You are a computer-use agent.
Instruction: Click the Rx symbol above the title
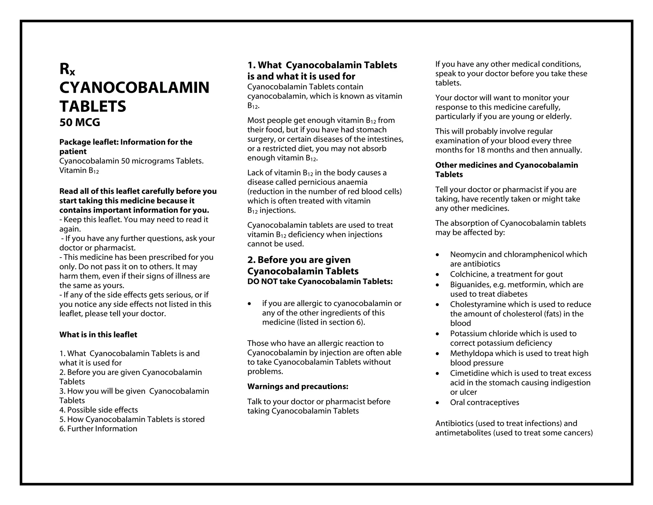pos(67,69)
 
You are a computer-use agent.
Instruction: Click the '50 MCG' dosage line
pos(80,122)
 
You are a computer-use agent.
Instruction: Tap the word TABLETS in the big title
pos(93,106)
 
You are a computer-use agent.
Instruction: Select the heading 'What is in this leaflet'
pos(98,335)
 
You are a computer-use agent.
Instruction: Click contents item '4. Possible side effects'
pos(99,410)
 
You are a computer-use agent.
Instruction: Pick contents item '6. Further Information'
pos(98,429)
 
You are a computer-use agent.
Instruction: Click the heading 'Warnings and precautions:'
pos(298,387)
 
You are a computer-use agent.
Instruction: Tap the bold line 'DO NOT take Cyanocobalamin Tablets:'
pos(320,282)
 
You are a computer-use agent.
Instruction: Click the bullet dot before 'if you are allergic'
pos(250,304)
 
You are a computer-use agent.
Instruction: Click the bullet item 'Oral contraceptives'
pos(484,403)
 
